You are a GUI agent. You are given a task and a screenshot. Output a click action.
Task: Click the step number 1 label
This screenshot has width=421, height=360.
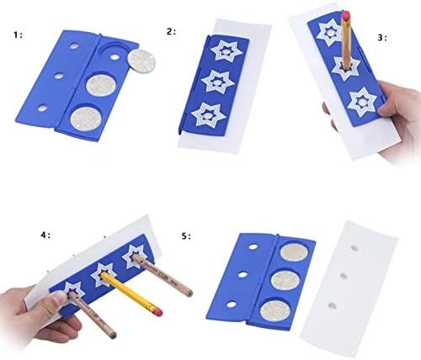click(18, 35)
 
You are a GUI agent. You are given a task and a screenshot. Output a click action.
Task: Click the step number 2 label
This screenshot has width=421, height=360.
click(171, 32)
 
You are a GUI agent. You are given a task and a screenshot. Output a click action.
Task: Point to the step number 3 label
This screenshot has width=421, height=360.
click(381, 37)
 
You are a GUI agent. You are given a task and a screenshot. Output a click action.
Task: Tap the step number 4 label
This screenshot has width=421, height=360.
click(45, 235)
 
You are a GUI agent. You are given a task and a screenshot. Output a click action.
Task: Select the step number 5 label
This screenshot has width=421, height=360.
click(186, 236)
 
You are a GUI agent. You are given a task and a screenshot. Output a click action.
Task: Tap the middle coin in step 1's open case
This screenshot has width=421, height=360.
click(101, 86)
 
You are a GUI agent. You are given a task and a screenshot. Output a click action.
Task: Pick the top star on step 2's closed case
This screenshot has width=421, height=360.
click(226, 51)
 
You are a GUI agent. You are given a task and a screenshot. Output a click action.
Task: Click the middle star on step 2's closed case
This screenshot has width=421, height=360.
click(218, 82)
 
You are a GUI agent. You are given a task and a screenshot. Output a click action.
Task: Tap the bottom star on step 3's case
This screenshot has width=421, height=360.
click(362, 102)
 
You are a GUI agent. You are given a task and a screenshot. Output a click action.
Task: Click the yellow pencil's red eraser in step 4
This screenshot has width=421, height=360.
click(158, 310)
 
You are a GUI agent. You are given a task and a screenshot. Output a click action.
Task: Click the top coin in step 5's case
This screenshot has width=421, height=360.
click(295, 252)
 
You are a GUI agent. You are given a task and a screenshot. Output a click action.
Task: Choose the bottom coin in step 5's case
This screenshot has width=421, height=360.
click(274, 310)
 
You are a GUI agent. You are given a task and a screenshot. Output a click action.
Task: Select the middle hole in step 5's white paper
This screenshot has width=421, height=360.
click(343, 276)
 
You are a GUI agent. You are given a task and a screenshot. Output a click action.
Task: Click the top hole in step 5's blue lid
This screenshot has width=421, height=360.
click(253, 247)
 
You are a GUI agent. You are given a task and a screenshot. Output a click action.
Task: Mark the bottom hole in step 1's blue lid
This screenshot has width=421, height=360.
click(43, 108)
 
